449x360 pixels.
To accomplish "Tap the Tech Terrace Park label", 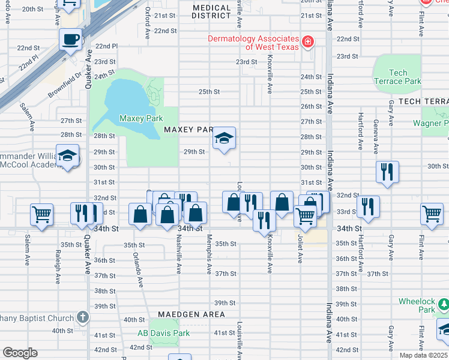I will tap(397, 77).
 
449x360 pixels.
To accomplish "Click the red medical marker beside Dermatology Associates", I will tap(308, 41).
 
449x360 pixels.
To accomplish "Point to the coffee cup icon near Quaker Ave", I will tap(71, 40).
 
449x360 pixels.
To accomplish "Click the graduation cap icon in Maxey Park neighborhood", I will tap(224, 139).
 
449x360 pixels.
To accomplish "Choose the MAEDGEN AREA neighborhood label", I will tap(191, 314).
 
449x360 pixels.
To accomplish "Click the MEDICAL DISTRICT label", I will tap(211, 12).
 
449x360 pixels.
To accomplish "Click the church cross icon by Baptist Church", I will tap(83, 317).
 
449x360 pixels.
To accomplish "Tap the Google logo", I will tap(20, 353).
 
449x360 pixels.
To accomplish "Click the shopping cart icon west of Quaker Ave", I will tap(41, 214).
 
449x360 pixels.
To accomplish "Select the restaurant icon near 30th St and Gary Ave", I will tap(387, 172).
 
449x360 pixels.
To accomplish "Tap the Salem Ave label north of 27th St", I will tap(27, 116).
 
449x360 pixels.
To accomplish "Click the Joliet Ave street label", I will tap(300, 247).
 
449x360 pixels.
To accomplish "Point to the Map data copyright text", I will tap(423, 355).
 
